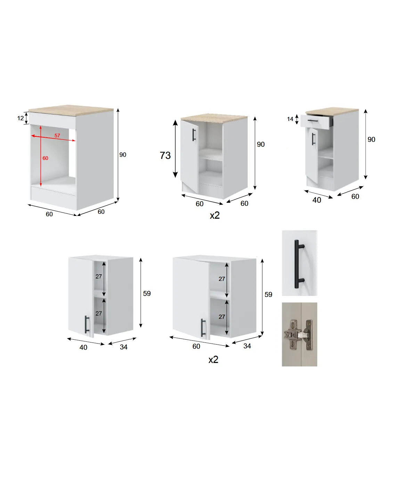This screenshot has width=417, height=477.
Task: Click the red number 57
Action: pyautogui.click(x=57, y=136)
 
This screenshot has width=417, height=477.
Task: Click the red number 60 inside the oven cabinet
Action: pyautogui.click(x=45, y=158)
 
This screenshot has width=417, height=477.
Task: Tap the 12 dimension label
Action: pyautogui.click(x=21, y=118)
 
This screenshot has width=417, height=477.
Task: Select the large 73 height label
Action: pyautogui.click(x=165, y=155)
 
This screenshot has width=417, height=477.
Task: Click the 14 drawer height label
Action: pyautogui.click(x=290, y=119)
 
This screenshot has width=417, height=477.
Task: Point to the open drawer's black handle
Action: pyautogui.click(x=313, y=121)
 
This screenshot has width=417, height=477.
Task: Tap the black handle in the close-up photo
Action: pyautogui.click(x=299, y=264)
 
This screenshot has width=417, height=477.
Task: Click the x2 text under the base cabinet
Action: pyautogui.click(x=214, y=215)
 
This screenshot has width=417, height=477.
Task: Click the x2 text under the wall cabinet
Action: pyautogui.click(x=213, y=360)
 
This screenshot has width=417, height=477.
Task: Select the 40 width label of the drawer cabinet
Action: pyautogui.click(x=317, y=200)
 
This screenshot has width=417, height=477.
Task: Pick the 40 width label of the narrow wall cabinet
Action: pyautogui.click(x=83, y=347)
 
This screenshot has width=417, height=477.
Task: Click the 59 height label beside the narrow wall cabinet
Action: pyautogui.click(x=147, y=293)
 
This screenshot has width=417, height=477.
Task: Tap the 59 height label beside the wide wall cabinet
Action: pyautogui.click(x=268, y=294)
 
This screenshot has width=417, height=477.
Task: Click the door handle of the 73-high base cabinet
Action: pyautogui.click(x=194, y=135)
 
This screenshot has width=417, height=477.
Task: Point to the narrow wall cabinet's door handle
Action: pyautogui.click(x=87, y=324)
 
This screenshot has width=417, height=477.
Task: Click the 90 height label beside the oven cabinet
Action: pyautogui.click(x=123, y=155)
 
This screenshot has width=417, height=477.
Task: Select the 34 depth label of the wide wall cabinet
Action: pyautogui.click(x=247, y=346)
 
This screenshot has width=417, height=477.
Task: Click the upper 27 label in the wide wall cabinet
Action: pyautogui.click(x=222, y=279)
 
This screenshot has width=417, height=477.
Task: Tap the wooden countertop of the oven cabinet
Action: pyautogui.click(x=71, y=110)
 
